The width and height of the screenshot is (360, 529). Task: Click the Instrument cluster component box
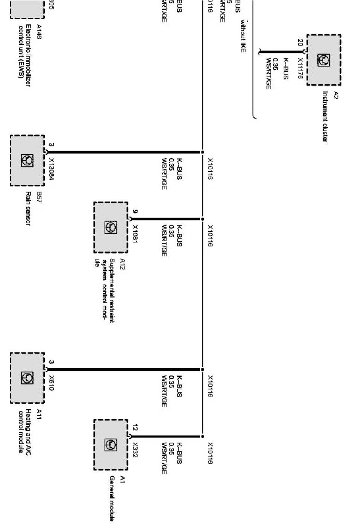324,60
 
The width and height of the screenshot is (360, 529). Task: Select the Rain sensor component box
27,160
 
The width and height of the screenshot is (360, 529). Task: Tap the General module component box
111,445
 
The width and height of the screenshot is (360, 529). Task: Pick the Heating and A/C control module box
27,378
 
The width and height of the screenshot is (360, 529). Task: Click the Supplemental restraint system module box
111,227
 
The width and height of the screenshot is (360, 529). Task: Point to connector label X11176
300,68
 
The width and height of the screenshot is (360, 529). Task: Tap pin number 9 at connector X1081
135,212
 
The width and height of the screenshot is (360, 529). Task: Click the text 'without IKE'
243,36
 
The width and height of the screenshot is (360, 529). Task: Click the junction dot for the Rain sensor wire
202,152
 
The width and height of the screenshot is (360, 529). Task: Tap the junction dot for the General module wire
202,437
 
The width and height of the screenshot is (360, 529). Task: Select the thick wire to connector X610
124,370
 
